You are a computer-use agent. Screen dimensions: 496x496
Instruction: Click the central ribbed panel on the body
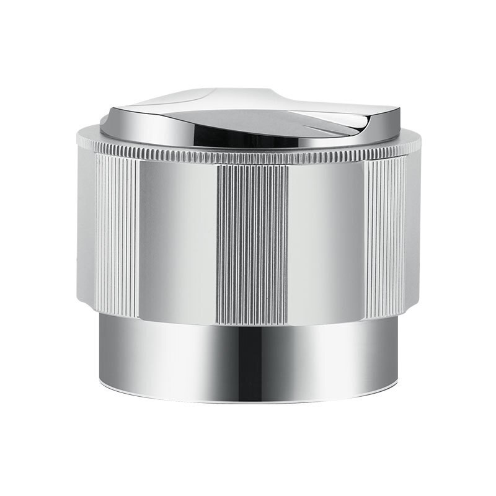pyautogui.click(x=252, y=242)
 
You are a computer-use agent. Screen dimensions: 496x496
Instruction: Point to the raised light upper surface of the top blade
pyautogui.click(x=205, y=99)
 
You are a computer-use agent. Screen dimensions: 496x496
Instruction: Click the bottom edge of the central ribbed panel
pyautogui.click(x=252, y=322)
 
